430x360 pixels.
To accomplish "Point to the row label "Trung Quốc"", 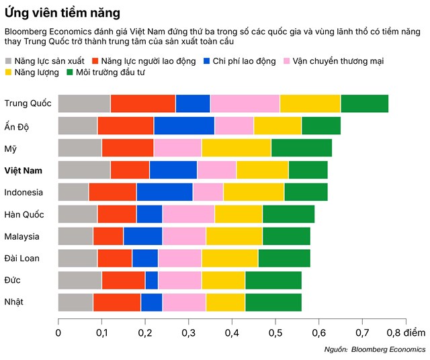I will [x=27, y=103].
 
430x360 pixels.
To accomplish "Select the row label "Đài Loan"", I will [x=23, y=259].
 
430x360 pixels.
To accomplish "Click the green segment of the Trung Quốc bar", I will [x=364, y=103].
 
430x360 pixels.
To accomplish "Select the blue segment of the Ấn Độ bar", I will [x=184, y=126].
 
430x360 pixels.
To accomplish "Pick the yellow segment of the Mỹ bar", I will [x=236, y=148].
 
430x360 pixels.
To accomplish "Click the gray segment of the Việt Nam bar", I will [x=84, y=170].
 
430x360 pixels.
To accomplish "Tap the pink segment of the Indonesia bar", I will [x=208, y=192].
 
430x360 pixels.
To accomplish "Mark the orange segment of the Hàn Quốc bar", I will [x=117, y=214].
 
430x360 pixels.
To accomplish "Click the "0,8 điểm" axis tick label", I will [x=406, y=332].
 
